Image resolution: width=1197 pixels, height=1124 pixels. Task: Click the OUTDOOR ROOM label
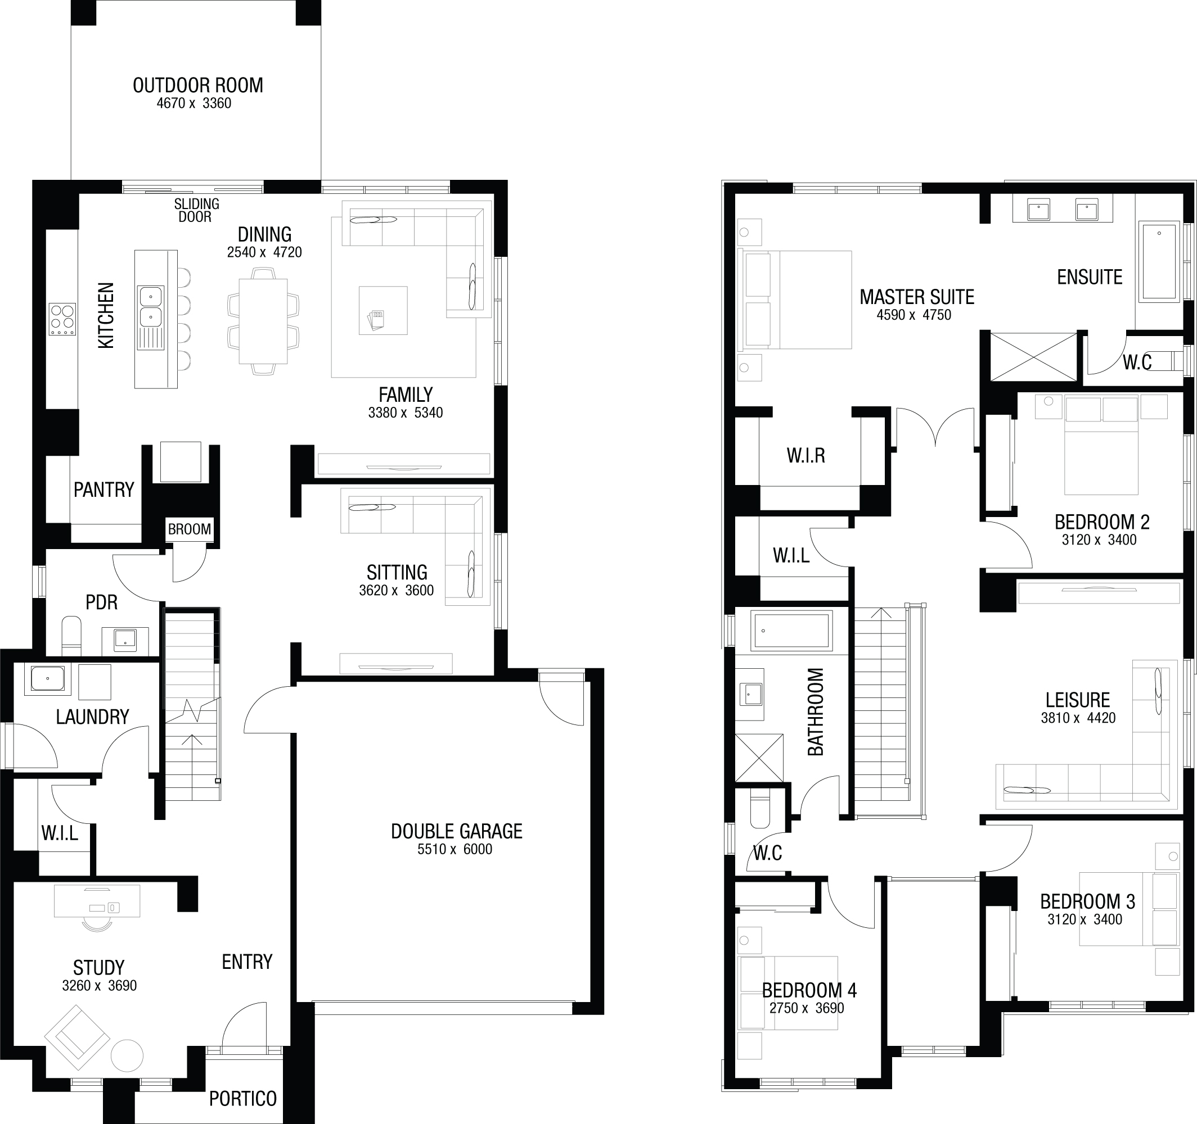(197, 85)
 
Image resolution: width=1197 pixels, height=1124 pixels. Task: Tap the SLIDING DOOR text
(196, 211)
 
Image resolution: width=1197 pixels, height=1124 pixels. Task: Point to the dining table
(263, 321)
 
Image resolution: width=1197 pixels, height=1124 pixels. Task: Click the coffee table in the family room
(383, 310)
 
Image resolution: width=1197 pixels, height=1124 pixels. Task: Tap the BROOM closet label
(190, 529)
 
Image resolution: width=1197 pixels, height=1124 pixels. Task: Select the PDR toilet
(71, 636)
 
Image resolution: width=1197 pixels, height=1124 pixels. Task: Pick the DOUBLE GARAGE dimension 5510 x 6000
(454, 850)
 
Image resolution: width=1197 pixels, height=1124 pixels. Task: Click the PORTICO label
(242, 1099)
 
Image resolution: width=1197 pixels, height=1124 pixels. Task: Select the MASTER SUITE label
(916, 297)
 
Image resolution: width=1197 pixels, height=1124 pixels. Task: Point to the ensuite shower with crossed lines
(1033, 356)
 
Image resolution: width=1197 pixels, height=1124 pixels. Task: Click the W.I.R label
(805, 455)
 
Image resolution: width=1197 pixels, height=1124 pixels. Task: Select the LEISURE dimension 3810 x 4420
(1078, 718)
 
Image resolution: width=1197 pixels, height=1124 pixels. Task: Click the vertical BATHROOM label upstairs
(815, 712)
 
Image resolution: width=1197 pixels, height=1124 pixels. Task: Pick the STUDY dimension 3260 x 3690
(100, 986)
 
